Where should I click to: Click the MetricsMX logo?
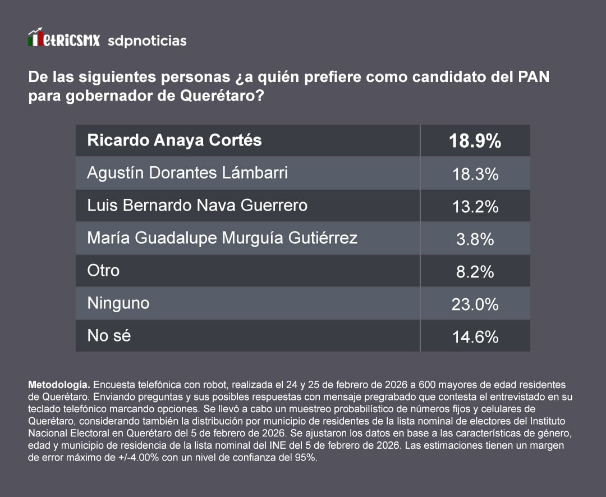64,39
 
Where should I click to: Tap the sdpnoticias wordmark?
146,40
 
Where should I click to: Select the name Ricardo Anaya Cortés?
175,140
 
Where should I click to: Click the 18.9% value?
475,141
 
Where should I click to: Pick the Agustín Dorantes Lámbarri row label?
187,172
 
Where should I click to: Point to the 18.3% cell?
475,174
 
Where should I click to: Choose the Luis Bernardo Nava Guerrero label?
197,205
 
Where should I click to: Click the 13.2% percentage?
475,207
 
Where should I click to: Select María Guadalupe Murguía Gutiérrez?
222,238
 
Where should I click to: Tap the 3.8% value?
475,239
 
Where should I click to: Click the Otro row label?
103,270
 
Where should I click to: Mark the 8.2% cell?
475,272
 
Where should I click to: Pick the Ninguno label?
118,303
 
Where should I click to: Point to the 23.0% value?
475,304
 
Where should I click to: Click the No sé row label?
109,336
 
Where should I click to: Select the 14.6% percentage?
475,337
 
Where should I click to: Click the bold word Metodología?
59,385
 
